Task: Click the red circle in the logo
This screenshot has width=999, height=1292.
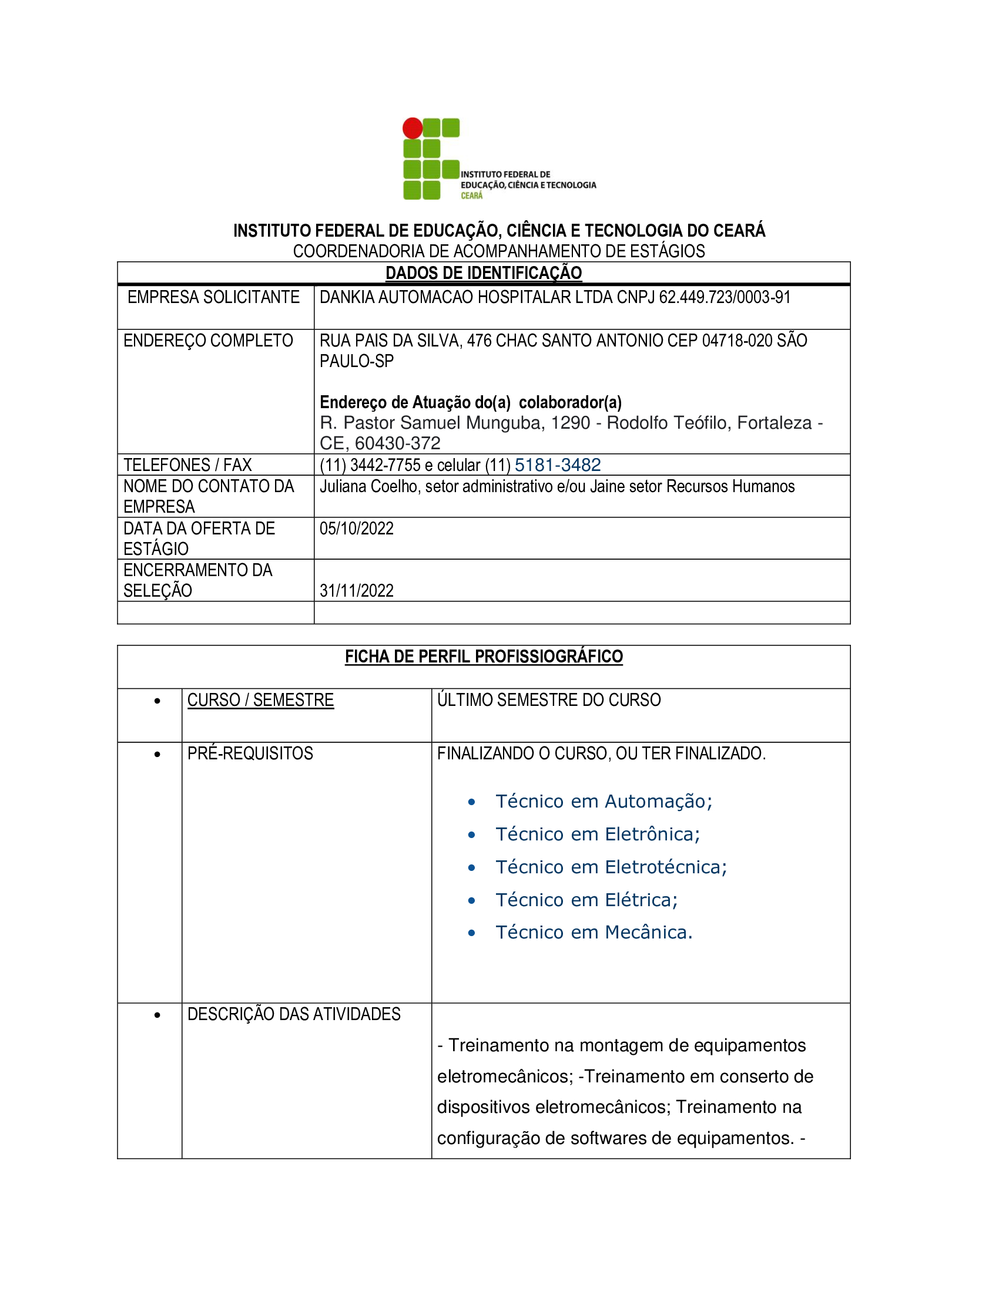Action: click(x=413, y=128)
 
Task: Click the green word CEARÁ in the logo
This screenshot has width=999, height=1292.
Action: click(x=472, y=196)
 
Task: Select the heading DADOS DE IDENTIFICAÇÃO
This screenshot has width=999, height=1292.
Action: click(x=484, y=272)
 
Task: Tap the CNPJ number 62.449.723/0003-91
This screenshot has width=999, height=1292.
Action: click(x=725, y=297)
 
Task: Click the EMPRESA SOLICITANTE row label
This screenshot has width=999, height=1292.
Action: click(x=214, y=297)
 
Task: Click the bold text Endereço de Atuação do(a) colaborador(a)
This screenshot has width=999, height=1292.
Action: click(x=471, y=402)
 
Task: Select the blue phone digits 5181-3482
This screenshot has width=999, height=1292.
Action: click(x=558, y=465)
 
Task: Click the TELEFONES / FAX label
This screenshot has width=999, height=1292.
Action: click(x=187, y=465)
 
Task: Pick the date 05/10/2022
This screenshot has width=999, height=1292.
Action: click(x=356, y=529)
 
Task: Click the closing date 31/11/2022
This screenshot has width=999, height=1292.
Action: click(x=356, y=590)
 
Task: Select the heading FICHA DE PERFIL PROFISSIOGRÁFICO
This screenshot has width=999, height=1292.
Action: click(x=484, y=657)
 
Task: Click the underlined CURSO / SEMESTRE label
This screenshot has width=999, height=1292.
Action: click(x=260, y=700)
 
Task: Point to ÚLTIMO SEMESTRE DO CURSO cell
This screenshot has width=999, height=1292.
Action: click(x=549, y=700)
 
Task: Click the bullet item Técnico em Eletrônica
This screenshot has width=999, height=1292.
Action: click(x=597, y=834)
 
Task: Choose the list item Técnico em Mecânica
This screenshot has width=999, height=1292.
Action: click(x=594, y=933)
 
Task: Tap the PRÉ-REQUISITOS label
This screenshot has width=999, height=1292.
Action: click(x=250, y=753)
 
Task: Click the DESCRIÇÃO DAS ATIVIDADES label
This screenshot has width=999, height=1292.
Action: click(x=294, y=1014)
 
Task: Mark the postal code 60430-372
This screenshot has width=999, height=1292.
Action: click(x=398, y=443)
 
